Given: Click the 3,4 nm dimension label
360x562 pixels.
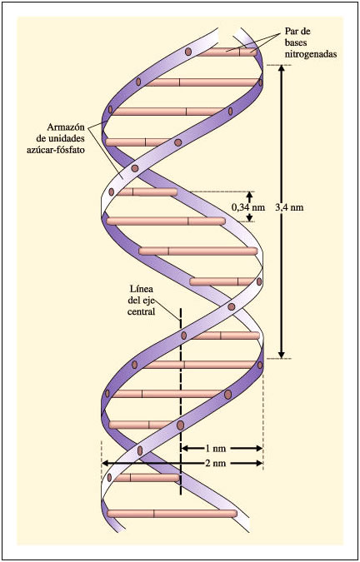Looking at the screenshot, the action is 292,207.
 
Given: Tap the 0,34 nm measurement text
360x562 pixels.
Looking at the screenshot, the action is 247,207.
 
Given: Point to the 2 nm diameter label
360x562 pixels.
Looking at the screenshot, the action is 216,463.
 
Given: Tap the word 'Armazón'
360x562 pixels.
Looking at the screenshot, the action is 64,127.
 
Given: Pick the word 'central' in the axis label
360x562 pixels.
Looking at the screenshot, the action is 142,312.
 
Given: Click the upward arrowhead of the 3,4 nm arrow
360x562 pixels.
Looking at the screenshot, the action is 282,68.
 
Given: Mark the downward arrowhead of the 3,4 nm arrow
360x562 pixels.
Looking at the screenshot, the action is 282,354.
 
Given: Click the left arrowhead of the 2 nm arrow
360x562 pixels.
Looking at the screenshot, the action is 106,463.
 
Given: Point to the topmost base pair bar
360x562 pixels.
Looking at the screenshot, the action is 226,52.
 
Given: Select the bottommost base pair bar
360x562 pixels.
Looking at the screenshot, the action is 172,514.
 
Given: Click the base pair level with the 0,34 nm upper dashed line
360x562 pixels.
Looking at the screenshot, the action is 147,192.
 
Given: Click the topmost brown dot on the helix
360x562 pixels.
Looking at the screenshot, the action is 188,52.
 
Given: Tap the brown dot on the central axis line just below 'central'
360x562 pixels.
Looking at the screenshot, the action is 183,336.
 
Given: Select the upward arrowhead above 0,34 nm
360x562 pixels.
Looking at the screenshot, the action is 250,195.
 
